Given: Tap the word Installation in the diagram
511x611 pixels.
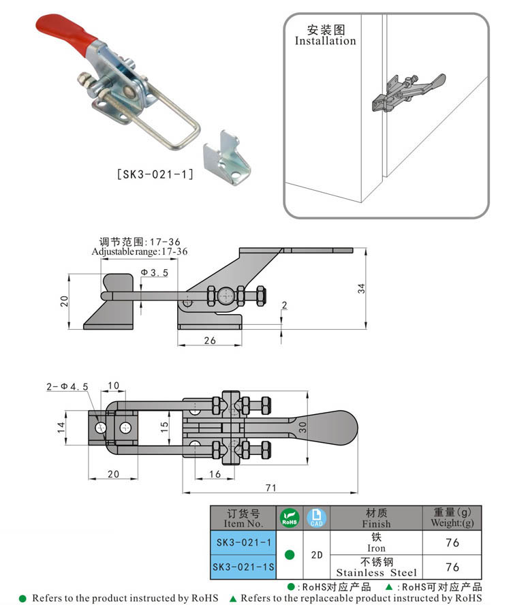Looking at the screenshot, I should tap(325, 41).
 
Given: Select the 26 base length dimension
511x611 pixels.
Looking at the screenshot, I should tap(209, 340).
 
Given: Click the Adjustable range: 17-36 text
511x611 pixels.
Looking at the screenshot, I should tap(140, 251).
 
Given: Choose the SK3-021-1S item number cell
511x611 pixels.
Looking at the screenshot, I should tap(243, 567).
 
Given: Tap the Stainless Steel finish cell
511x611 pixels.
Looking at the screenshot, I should tap(376, 567).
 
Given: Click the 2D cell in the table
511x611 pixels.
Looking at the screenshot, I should tap(317, 554).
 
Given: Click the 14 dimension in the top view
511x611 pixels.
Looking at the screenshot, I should tap(61, 427).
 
